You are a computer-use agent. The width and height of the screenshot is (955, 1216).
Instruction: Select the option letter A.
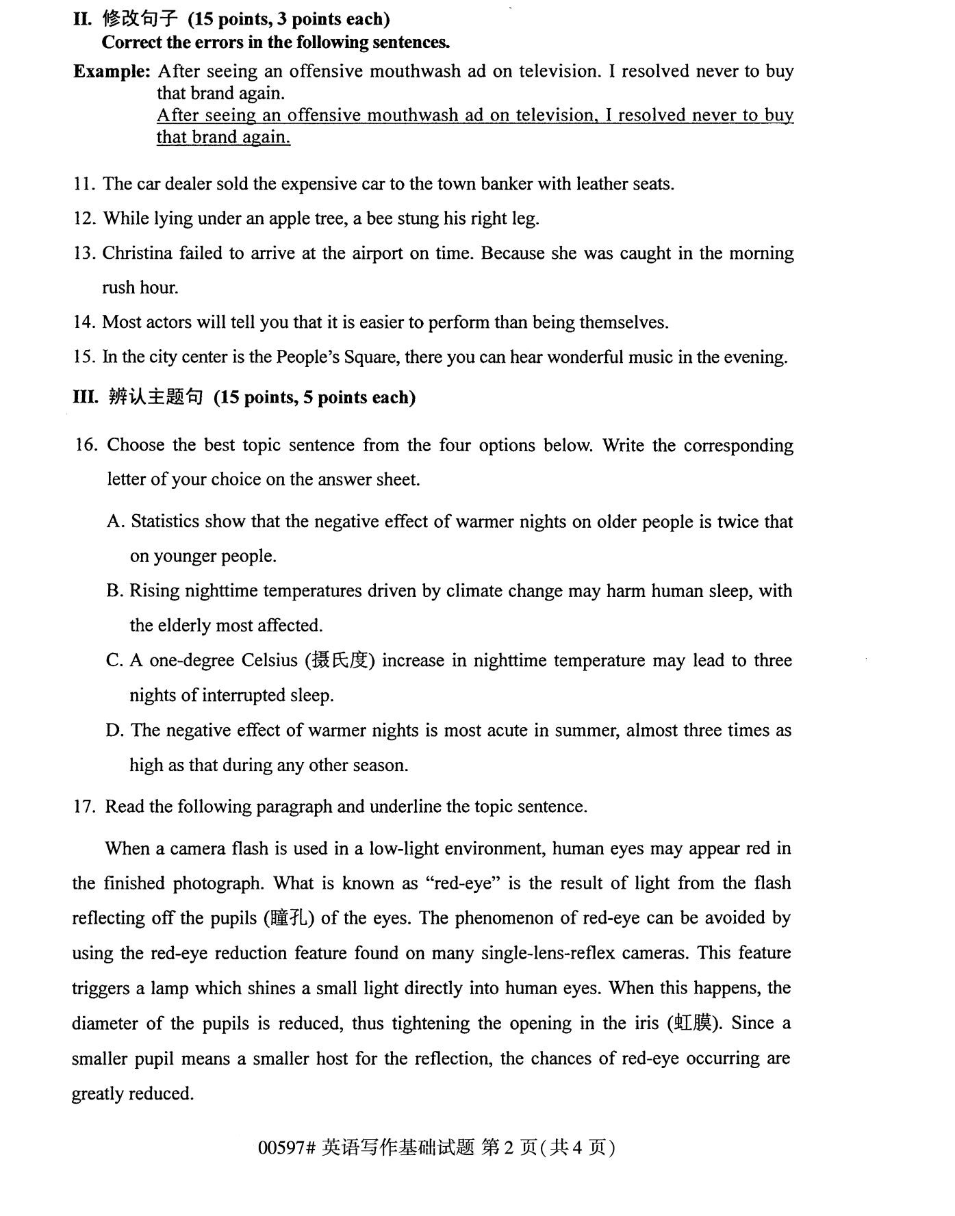click(115, 522)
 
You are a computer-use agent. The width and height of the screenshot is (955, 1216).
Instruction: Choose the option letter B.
click(114, 592)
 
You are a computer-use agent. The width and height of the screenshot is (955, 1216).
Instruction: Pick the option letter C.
click(114, 661)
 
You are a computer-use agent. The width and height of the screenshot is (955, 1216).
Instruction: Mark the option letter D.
click(114, 731)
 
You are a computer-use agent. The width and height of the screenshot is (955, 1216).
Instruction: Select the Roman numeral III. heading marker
click(86, 398)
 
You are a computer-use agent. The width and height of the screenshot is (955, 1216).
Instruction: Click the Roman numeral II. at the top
click(82, 19)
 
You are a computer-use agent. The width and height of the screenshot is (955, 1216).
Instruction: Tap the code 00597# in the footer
click(286, 1148)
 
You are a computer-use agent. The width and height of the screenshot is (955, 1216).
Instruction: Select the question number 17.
click(84, 807)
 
